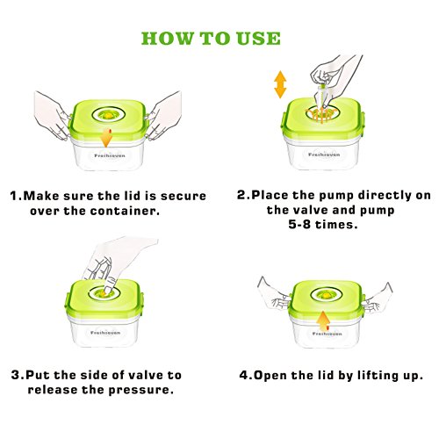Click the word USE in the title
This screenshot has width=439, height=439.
point(259,39)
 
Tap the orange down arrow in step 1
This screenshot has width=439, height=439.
point(106,138)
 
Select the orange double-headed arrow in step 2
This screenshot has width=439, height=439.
point(280,84)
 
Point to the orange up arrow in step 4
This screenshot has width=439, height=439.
point(324,321)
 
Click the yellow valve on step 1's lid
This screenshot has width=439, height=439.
point(109,116)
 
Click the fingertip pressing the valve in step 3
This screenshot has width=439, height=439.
point(108,289)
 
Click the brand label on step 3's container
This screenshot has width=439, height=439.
point(105,333)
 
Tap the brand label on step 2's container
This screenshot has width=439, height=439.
point(324,155)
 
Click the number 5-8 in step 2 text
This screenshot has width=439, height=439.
point(299,225)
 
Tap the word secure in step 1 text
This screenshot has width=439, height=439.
point(184,196)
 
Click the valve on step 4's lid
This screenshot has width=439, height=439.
point(325,295)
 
